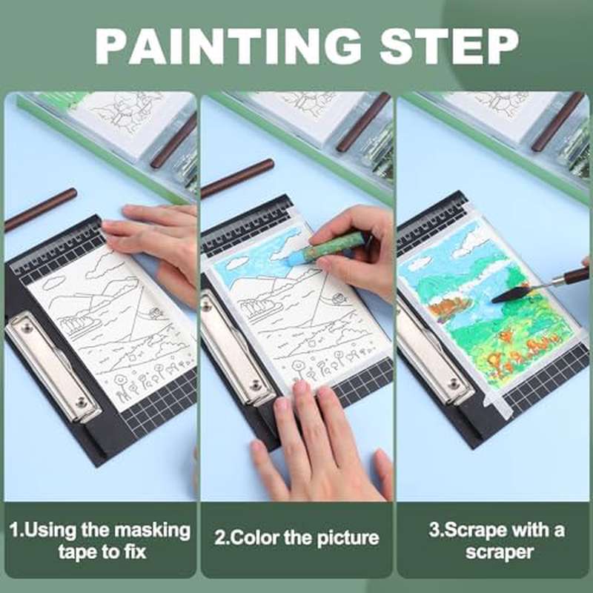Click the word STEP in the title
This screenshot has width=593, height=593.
pos(449,46)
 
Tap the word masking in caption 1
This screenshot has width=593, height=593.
pos(153,530)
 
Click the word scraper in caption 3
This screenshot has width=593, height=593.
pos(499,552)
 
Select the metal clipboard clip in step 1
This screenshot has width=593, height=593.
pos(53,366)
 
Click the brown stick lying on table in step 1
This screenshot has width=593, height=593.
pos(41,209)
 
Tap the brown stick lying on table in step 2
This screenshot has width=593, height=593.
pos(237,179)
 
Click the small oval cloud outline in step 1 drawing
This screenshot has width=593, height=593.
pos(53,282)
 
